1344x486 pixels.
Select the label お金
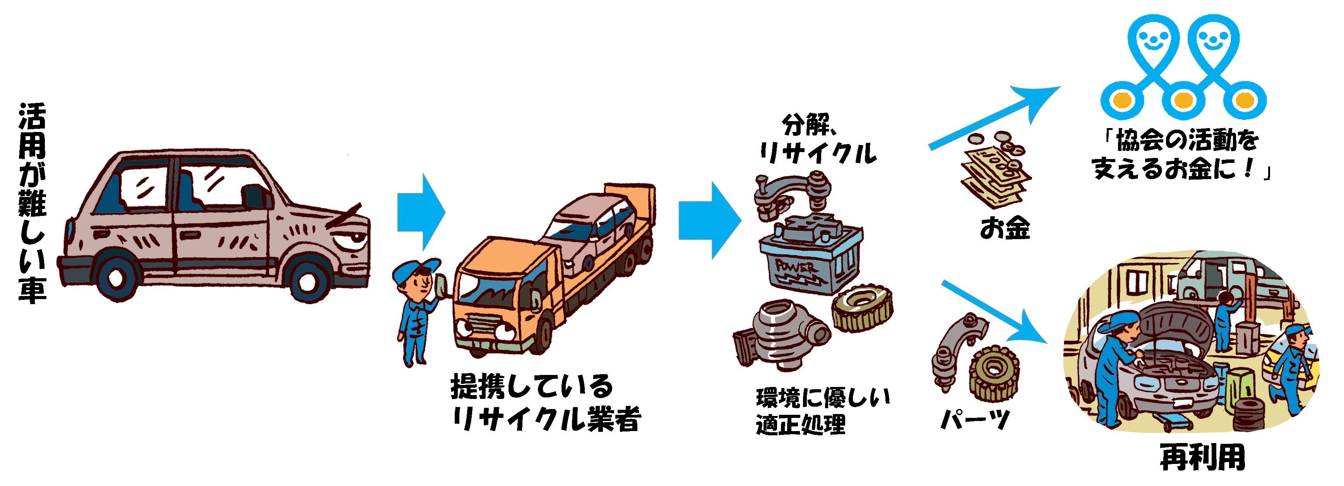pos(1004,228)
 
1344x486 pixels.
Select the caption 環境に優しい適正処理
pos(822,411)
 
